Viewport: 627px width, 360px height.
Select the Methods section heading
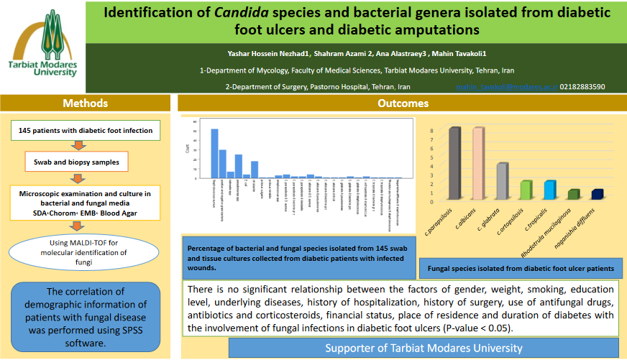pyautogui.click(x=86, y=103)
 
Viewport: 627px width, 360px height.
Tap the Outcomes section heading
pyautogui.click(x=403, y=103)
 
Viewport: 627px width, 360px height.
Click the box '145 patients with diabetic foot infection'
pyautogui.click(x=86, y=131)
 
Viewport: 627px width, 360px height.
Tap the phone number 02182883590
pyautogui.click(x=582, y=87)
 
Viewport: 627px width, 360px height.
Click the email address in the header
pyautogui.click(x=506, y=87)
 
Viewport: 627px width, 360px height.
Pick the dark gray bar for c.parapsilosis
pyautogui.click(x=454, y=163)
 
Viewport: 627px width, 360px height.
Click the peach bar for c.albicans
pyautogui.click(x=477, y=163)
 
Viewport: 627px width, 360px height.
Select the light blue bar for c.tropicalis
pyautogui.click(x=549, y=190)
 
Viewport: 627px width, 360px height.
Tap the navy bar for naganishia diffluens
pyautogui.click(x=597, y=194)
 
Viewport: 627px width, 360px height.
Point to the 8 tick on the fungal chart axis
pyautogui.click(x=432, y=131)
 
